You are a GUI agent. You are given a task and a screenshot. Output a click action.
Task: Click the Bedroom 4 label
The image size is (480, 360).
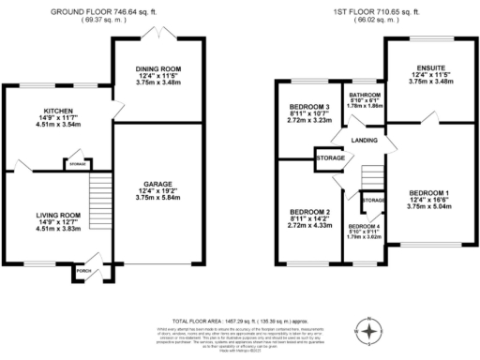tap(364, 227)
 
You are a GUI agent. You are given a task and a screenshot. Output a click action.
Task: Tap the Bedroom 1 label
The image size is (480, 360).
tap(428, 193)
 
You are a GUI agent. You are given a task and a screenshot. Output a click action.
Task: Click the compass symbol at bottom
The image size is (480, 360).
tap(371, 332)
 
